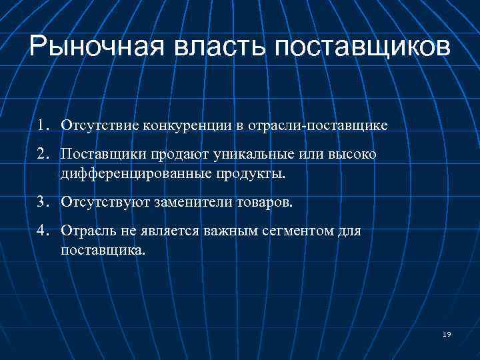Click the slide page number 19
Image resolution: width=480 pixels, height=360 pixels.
[446, 334]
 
